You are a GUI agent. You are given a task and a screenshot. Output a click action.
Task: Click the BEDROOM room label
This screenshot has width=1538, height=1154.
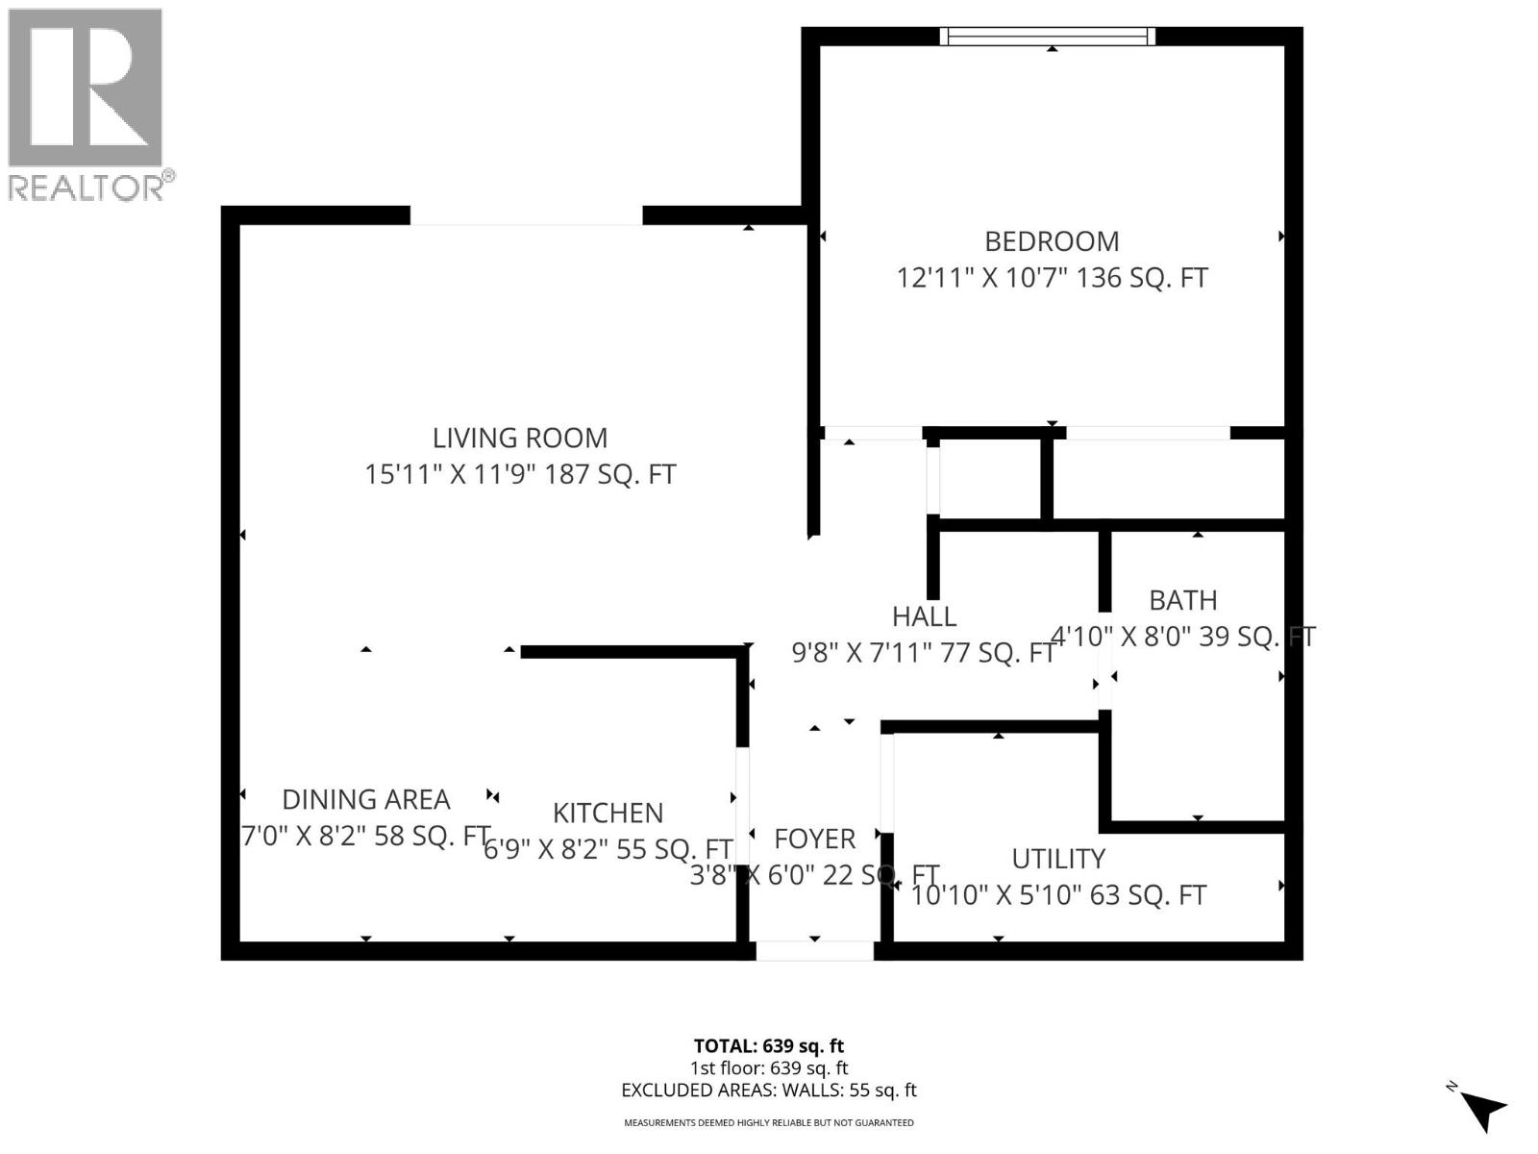point(1052,241)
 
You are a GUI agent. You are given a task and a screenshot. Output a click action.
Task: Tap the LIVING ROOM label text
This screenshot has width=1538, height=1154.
point(520,439)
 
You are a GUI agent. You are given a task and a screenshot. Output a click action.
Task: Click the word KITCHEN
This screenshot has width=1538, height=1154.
point(608,814)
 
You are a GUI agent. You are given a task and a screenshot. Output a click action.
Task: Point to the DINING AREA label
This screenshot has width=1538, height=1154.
point(366,800)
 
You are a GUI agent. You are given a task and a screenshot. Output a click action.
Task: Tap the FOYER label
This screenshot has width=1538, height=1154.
point(814,840)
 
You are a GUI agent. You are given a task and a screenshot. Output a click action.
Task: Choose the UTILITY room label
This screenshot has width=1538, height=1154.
point(1058,859)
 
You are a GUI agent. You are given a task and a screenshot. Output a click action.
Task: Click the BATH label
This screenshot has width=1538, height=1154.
point(1183,601)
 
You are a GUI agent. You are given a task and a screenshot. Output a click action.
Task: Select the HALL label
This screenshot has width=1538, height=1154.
point(924,617)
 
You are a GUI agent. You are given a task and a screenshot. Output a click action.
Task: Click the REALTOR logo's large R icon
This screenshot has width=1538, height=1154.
point(86,88)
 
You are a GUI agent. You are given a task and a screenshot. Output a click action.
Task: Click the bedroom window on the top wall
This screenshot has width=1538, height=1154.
point(1048,37)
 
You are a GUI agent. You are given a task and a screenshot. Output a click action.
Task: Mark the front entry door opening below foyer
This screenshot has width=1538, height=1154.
point(815,951)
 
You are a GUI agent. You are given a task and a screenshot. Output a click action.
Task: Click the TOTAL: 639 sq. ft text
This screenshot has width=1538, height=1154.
point(769,1046)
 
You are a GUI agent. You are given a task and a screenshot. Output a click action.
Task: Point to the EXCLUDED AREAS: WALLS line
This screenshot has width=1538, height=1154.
point(769,1091)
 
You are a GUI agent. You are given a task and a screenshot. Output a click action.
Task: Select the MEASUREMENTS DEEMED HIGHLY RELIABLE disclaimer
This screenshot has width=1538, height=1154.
point(769,1122)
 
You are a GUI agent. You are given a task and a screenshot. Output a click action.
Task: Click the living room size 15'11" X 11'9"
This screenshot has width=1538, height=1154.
point(452,475)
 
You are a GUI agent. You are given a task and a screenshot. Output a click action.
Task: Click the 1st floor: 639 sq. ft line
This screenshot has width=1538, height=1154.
point(769,1068)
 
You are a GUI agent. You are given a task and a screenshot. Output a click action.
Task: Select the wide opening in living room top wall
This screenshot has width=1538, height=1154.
point(526,216)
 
